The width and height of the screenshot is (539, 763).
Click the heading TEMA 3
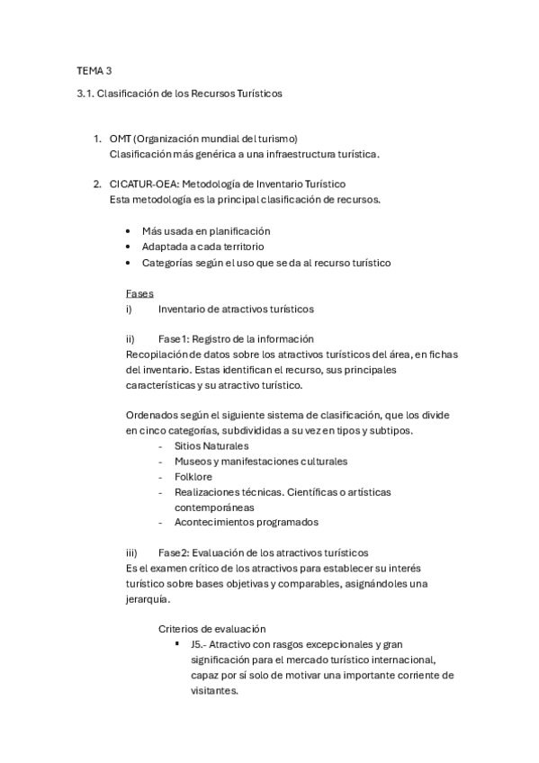pyautogui.click(x=94, y=69)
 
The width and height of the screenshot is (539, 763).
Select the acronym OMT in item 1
pyautogui.click(x=120, y=139)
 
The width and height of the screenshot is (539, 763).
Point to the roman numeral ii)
pyautogui.click(x=130, y=338)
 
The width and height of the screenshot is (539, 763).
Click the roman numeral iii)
pyautogui.click(x=130, y=552)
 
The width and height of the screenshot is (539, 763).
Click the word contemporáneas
pyautogui.click(x=213, y=507)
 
